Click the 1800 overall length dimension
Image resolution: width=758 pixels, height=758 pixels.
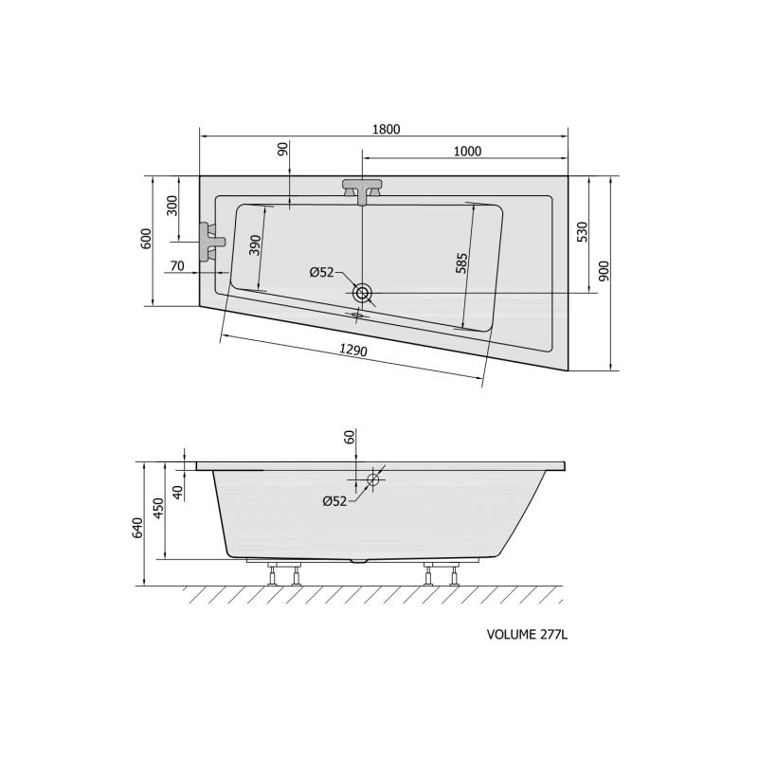(x=387, y=129)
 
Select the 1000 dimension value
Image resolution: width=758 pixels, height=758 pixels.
(x=468, y=152)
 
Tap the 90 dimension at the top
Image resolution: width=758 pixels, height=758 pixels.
(x=282, y=149)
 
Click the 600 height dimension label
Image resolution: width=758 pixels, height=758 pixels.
(x=147, y=239)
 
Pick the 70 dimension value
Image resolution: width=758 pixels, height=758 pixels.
(x=177, y=266)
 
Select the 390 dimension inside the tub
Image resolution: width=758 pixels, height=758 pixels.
(x=255, y=245)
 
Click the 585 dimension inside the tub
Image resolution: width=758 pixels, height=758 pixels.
(x=462, y=263)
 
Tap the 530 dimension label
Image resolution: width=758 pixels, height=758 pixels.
(x=583, y=232)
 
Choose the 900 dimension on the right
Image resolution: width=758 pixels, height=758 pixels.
(x=605, y=271)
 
